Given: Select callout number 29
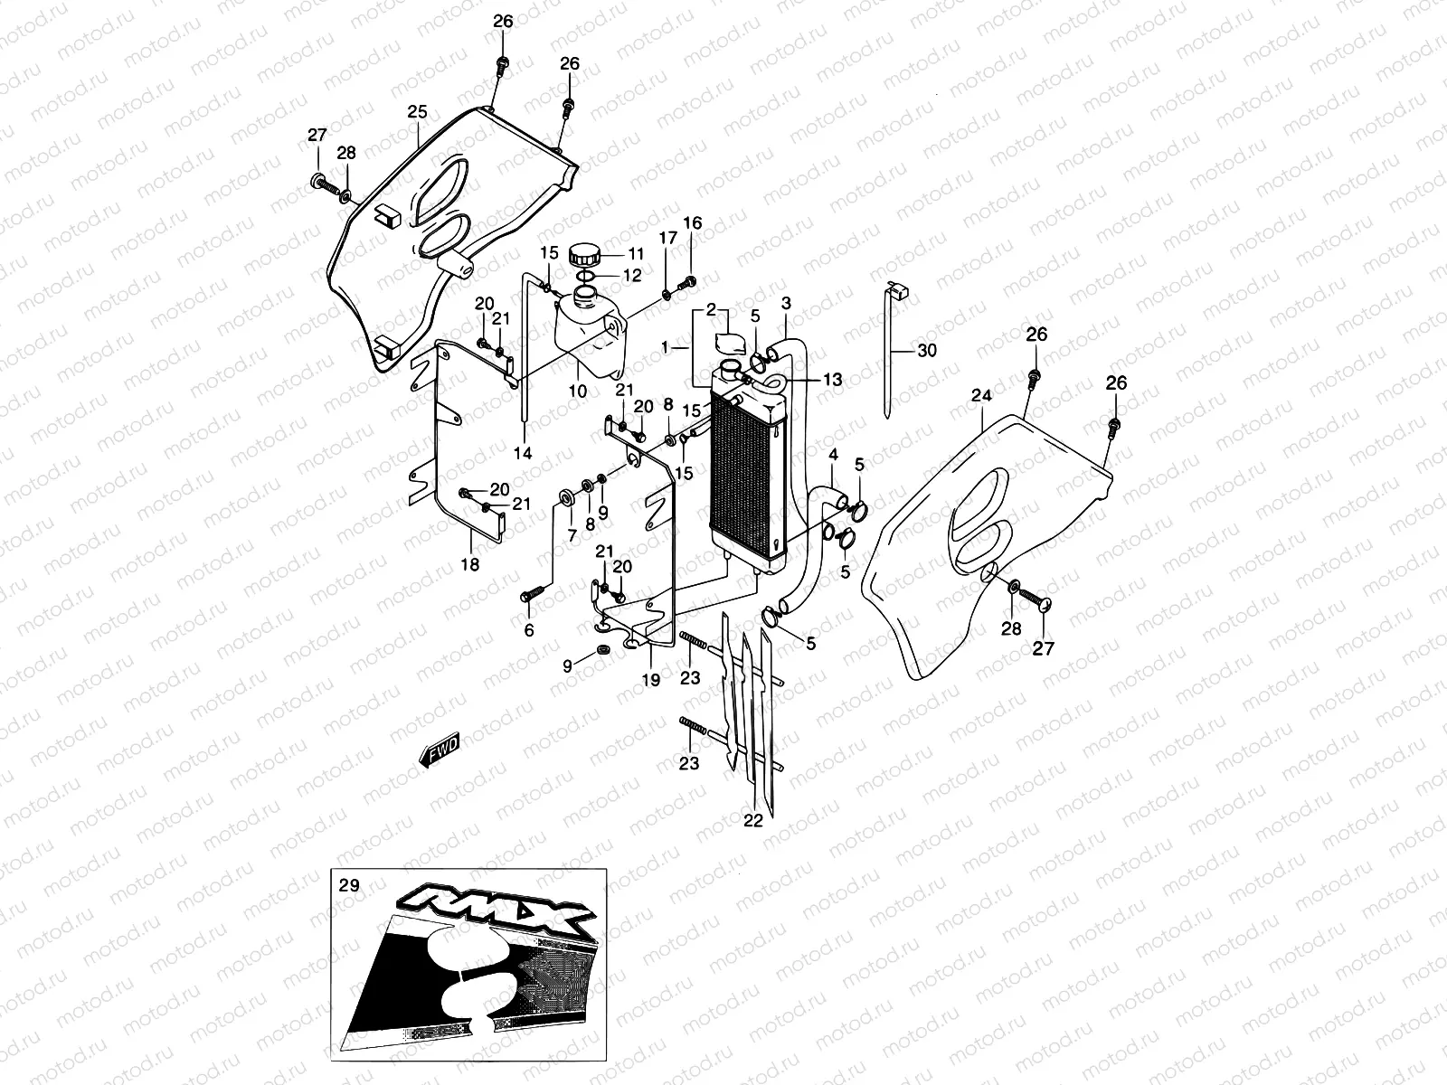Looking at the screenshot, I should [348, 885].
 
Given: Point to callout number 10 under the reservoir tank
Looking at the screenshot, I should [578, 392].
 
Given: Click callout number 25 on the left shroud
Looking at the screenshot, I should [417, 112].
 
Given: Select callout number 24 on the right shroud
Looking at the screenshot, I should [981, 395].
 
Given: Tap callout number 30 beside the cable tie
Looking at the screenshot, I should [927, 350].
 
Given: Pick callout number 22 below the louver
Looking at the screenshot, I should [753, 821].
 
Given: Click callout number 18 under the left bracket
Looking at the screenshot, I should [470, 565].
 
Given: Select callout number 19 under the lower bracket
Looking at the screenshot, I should [650, 680].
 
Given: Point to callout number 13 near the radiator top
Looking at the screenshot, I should [832, 380].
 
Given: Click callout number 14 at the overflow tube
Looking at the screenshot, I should [523, 453].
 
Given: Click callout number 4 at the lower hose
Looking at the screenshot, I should [833, 453].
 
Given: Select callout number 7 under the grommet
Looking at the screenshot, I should [572, 535].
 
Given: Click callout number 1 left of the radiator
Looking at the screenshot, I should [666, 347].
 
